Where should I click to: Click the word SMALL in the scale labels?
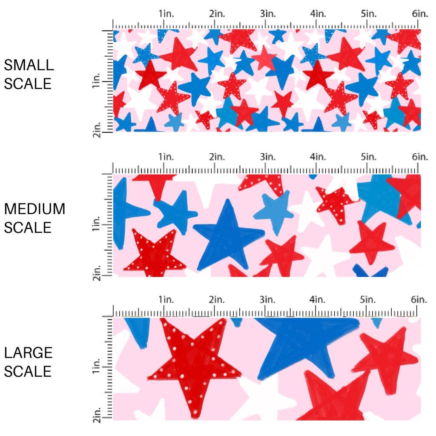point(29,65)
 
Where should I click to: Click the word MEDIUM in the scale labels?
point(34,209)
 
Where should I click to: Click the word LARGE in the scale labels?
point(29,353)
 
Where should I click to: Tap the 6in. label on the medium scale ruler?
point(419,157)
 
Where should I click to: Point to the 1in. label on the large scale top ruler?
point(167,300)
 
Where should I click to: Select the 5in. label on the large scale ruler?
point(368,300)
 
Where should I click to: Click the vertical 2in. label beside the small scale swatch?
point(97,129)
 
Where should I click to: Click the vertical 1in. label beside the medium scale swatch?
point(97,223)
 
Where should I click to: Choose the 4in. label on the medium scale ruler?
point(318,157)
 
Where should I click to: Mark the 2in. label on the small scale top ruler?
point(217,14)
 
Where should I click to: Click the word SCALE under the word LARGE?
point(28,371)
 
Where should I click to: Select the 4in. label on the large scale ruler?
point(318,300)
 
